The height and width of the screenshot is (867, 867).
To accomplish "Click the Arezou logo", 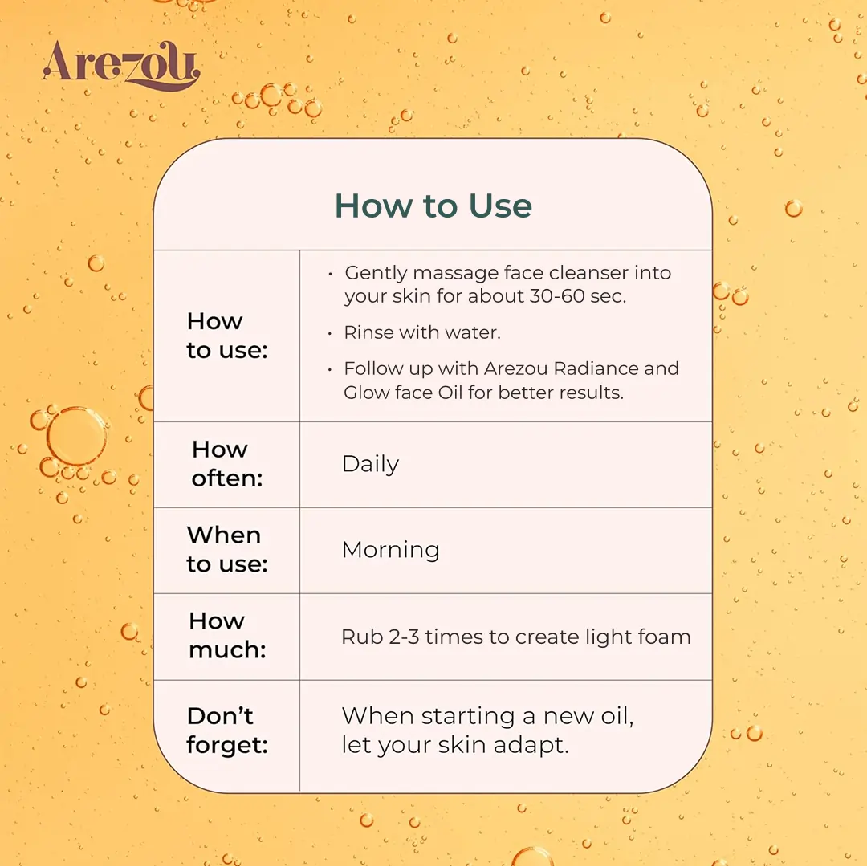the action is pyautogui.click(x=121, y=66).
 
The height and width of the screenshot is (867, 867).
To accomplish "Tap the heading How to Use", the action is pyautogui.click(x=433, y=206).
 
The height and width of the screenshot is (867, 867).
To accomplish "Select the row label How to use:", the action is pyautogui.click(x=227, y=336).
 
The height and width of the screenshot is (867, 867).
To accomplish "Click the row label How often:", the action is pyautogui.click(x=227, y=464).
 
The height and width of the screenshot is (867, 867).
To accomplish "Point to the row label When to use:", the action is pyautogui.click(x=227, y=550).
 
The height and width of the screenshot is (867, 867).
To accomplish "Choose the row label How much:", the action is pyautogui.click(x=227, y=635).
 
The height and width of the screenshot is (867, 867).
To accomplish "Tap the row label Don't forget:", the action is pyautogui.click(x=227, y=731).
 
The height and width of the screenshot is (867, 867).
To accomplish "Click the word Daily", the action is pyautogui.click(x=370, y=465).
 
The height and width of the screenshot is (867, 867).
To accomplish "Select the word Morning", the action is pyautogui.click(x=391, y=550).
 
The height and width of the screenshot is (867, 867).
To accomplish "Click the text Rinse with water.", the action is pyautogui.click(x=422, y=332).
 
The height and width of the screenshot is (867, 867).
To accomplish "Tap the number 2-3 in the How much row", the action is pyautogui.click(x=404, y=637).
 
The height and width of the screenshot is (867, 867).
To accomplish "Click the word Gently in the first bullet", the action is pyautogui.click(x=376, y=273).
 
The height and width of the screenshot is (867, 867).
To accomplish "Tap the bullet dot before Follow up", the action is pyautogui.click(x=330, y=369).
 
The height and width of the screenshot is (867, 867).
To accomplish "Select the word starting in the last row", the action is pyautogui.click(x=468, y=717).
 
